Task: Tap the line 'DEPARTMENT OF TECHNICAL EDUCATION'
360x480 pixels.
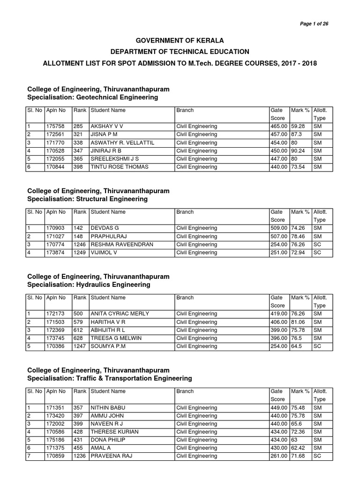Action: coord(180,52)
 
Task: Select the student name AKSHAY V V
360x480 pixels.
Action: coord(107,127)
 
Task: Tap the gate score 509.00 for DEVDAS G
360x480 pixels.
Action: coord(279,228)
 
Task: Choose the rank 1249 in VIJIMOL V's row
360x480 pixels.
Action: coord(79,253)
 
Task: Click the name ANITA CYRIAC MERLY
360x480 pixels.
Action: coord(120,314)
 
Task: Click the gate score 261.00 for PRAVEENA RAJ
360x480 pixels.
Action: coord(279,456)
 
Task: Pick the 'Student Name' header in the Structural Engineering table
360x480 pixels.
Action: coord(108,212)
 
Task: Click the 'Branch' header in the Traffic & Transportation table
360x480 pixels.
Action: coord(185,391)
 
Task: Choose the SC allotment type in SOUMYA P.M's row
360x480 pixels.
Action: coord(317,346)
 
